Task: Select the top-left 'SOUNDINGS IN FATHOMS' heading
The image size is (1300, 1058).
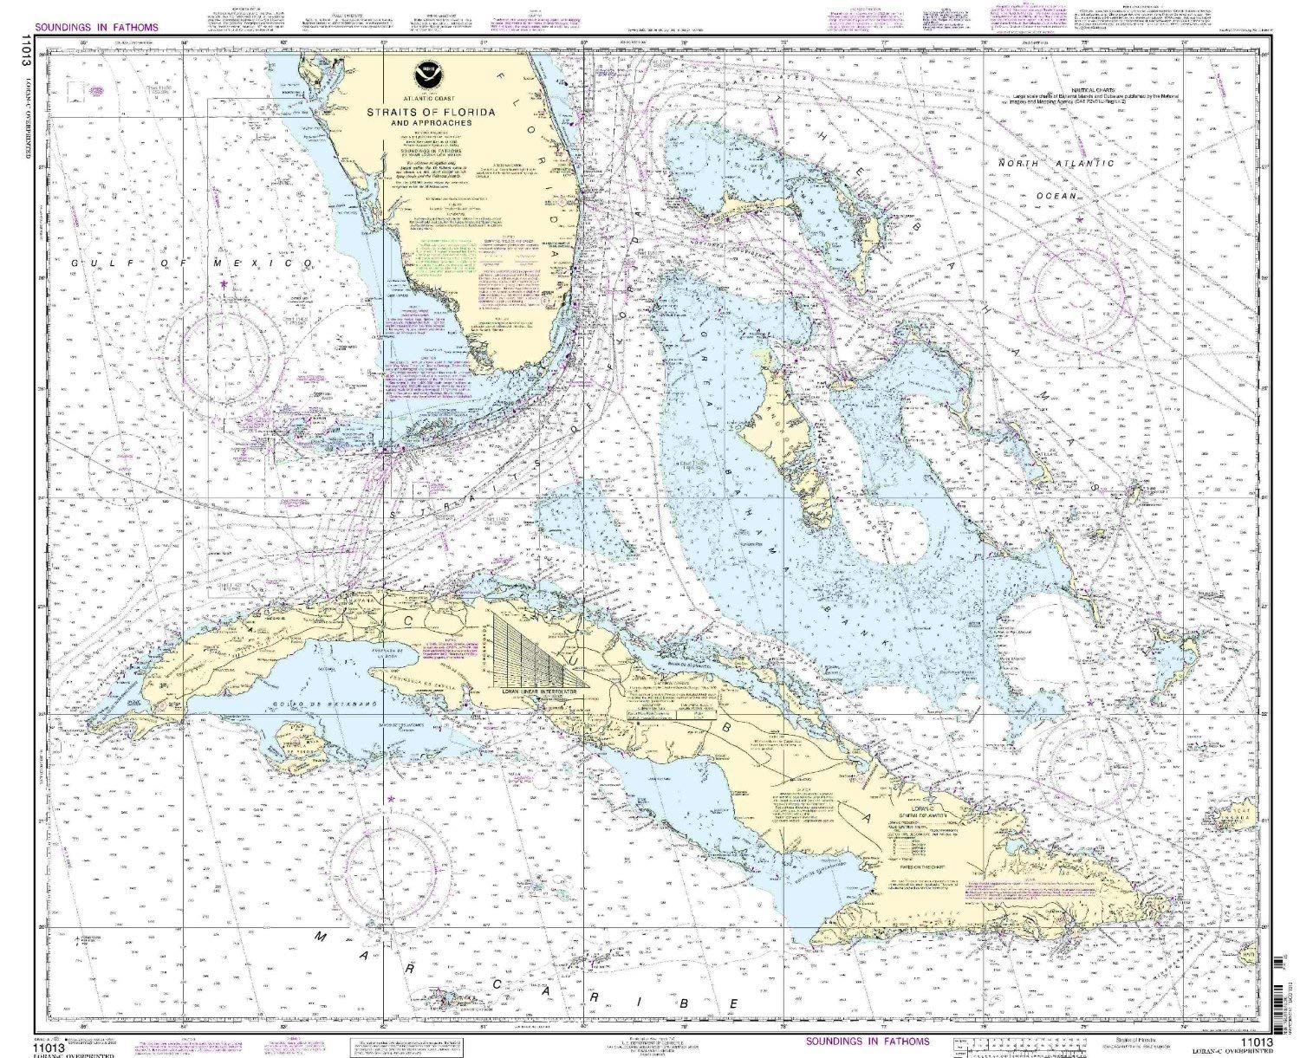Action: click(99, 27)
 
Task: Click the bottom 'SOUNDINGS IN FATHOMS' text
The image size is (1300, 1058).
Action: click(866, 1041)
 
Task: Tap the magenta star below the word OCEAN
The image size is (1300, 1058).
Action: click(1080, 219)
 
